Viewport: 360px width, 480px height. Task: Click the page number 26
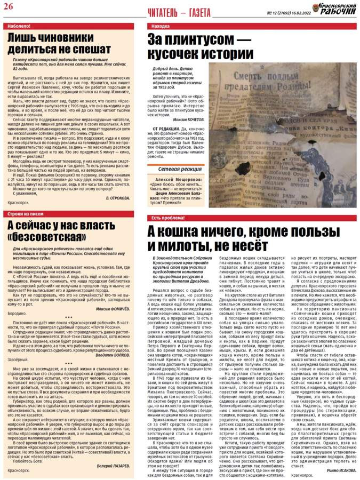[x=9, y=6]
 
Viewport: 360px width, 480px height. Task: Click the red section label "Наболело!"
[x=17, y=26]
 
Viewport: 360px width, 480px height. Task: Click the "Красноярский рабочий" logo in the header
[x=334, y=9]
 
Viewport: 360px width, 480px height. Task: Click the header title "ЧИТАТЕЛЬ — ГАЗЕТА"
[x=179, y=12]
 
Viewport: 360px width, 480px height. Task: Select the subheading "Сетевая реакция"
[x=175, y=154]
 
